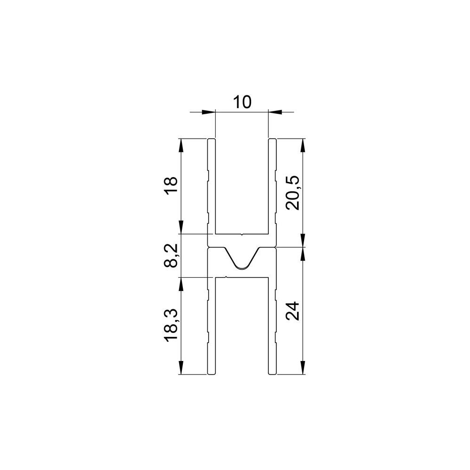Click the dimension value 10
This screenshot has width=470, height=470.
(x=242, y=102)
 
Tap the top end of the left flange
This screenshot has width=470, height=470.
(x=211, y=140)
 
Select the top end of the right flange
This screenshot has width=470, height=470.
(x=273, y=140)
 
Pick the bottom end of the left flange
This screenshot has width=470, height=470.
(x=211, y=373)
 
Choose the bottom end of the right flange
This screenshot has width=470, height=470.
(x=273, y=373)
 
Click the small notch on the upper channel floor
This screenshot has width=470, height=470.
(x=242, y=234)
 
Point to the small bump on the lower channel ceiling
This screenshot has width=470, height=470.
(x=227, y=278)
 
